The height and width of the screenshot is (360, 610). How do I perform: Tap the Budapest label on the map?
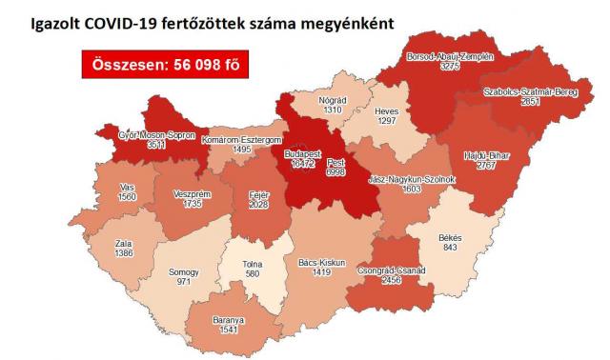306,152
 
